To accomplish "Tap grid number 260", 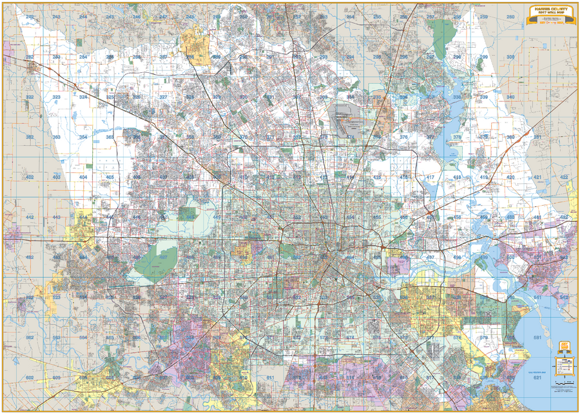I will (x=510, y=17).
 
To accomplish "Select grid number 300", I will (x=510, y=57).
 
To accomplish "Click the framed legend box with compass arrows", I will (x=564, y=366).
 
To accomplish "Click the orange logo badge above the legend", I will (x=564, y=346).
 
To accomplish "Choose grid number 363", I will (x=56, y=137).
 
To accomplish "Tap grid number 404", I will (x=82, y=177).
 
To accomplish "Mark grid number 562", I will (x=29, y=337).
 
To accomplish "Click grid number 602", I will (x=29, y=377).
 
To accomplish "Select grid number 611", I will (x=270, y=377).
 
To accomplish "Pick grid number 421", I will (x=537, y=177).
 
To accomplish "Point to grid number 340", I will (x=510, y=97).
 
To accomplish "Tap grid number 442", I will (x=29, y=217).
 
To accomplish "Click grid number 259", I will (x=483, y=17).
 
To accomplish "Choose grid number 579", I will (x=483, y=337).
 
